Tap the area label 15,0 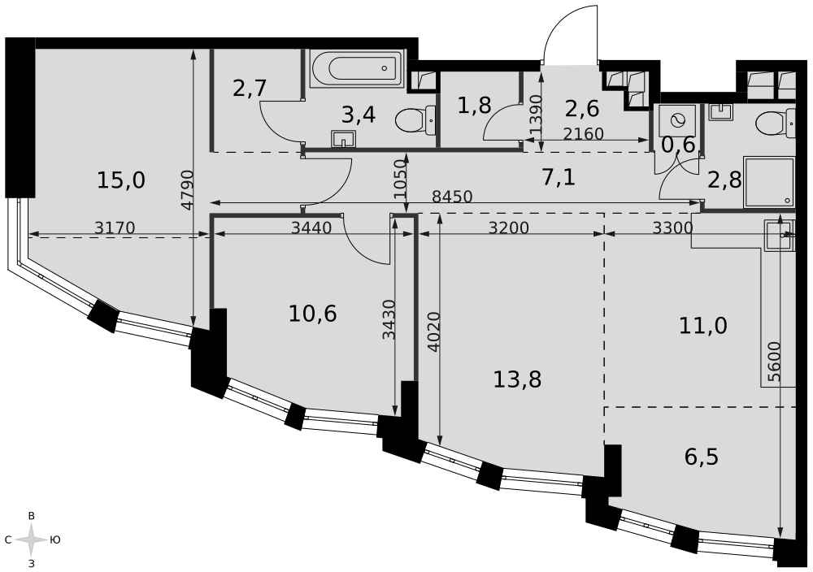(121, 181)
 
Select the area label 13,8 (517, 379)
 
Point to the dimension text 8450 (452, 197)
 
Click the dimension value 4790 (187, 189)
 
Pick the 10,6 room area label (313, 314)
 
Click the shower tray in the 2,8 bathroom (769, 181)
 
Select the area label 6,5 (702, 457)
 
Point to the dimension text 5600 (774, 362)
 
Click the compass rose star (32, 539)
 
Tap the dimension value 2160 (583, 134)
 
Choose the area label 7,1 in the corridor (559, 178)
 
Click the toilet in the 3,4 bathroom (415, 121)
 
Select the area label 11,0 (703, 326)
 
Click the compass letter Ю (55, 539)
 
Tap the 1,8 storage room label (475, 106)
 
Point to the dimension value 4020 (434, 331)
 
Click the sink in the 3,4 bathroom (343, 138)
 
